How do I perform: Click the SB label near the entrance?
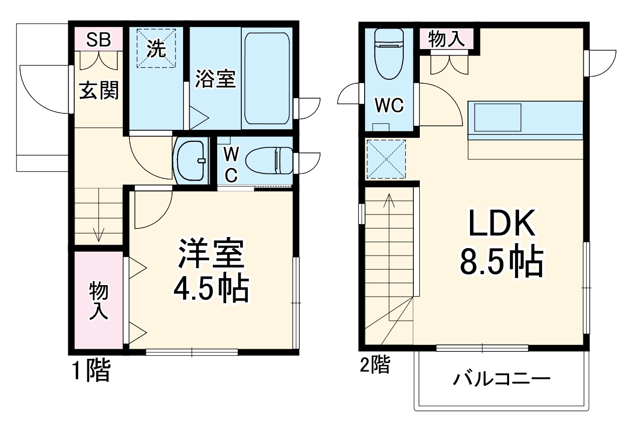coord(98,40)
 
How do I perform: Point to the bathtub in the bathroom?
coord(266,78)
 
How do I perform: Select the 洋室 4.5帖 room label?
coord(211,271)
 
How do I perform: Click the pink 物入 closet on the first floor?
coord(99,300)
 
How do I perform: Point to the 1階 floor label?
coord(91,371)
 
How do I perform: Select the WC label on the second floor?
coord(389,105)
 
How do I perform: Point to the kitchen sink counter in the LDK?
coord(525,120)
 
